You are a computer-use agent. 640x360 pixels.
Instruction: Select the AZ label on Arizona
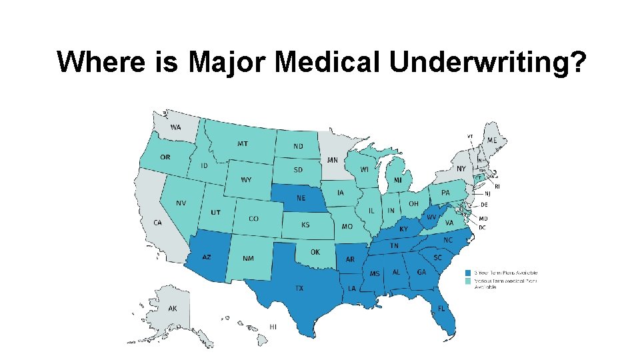pos(207,257)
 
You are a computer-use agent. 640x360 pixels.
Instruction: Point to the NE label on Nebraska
pos(301,198)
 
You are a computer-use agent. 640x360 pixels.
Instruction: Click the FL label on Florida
pos(441,309)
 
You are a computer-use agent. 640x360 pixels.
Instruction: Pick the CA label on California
pos(157,223)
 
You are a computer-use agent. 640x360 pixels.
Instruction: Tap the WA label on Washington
pos(175,127)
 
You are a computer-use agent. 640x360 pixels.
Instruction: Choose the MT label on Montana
pos(243,143)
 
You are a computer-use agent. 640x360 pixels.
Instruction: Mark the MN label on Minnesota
pos(332,160)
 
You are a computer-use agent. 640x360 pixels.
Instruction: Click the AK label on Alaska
pos(173,309)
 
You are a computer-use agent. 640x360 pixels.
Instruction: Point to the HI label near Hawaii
pos(273,327)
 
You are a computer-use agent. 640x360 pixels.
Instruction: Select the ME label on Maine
pos(491,140)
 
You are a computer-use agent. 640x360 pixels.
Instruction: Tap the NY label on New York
pos(461,169)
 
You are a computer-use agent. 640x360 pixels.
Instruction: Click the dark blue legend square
pos(469,273)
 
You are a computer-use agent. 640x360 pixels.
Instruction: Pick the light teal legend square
pos(469,281)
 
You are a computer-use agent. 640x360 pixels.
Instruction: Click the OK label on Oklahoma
pos(315,252)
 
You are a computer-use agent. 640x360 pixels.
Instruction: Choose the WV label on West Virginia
pos(431,217)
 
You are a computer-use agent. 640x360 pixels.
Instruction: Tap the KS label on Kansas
pos(305,225)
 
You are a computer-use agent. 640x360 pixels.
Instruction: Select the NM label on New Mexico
pos(247,258)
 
